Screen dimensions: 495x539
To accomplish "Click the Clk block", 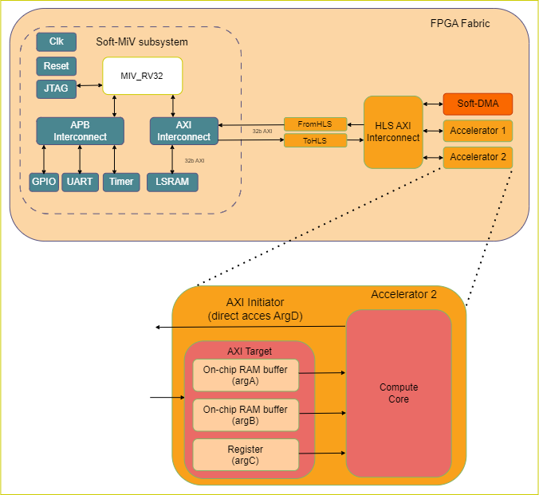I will point(56,41).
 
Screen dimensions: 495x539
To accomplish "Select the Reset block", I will point(56,66).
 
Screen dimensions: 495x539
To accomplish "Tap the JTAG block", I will point(56,89).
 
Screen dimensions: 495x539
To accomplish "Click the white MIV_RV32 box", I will point(142,75).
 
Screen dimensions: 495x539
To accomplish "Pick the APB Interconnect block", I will point(81,131).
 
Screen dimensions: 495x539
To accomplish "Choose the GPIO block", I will point(44,182).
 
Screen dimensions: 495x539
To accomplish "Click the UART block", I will point(81,182).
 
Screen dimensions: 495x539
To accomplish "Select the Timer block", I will point(121,182).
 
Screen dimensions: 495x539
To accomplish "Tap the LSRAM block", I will point(172,182).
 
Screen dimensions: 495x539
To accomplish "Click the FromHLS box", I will point(315,124).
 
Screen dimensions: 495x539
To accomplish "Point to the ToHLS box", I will point(315,140).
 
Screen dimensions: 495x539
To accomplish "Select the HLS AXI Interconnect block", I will point(392,132).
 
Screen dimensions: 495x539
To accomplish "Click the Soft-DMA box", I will point(478,104).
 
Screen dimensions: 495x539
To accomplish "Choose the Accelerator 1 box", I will point(478,130).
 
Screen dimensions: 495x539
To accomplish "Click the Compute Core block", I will point(399,393).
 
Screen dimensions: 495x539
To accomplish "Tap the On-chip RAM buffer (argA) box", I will point(246,375).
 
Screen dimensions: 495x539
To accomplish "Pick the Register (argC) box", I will point(246,454).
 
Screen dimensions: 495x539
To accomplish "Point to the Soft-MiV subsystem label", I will point(142,41).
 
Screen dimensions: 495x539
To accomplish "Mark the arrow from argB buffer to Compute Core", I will point(322,414).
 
